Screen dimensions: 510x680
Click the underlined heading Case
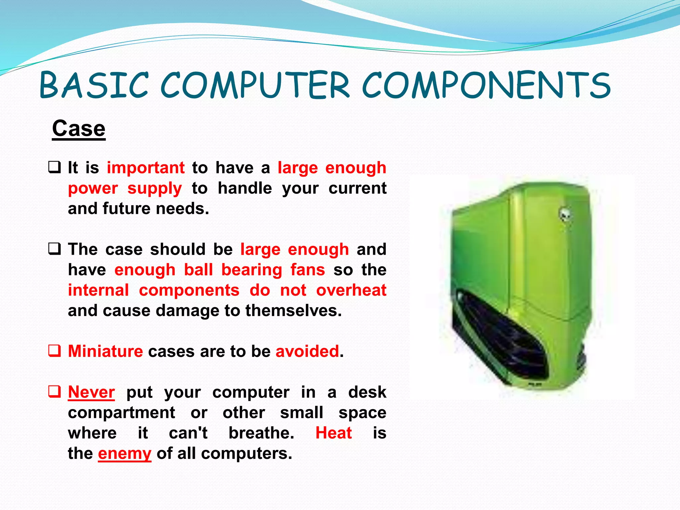pos(79,128)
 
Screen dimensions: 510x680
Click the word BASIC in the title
pos(94,85)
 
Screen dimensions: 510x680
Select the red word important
pos(145,168)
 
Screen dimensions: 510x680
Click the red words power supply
pos(125,189)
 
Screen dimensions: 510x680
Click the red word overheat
pos(351,290)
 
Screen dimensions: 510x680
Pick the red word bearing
pos(252,270)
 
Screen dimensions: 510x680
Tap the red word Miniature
pos(105,351)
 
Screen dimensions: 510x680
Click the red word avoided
pos(307,351)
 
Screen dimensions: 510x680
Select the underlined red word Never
pos(91,392)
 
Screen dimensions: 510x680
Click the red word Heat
pos(333,433)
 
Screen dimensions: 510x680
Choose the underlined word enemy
pos(125,454)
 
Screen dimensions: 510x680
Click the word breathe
pos(261,433)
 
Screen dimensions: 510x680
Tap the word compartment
pos(121,413)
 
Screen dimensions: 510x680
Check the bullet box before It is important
pos(54,167)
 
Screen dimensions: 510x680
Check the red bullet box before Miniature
pos(54,351)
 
